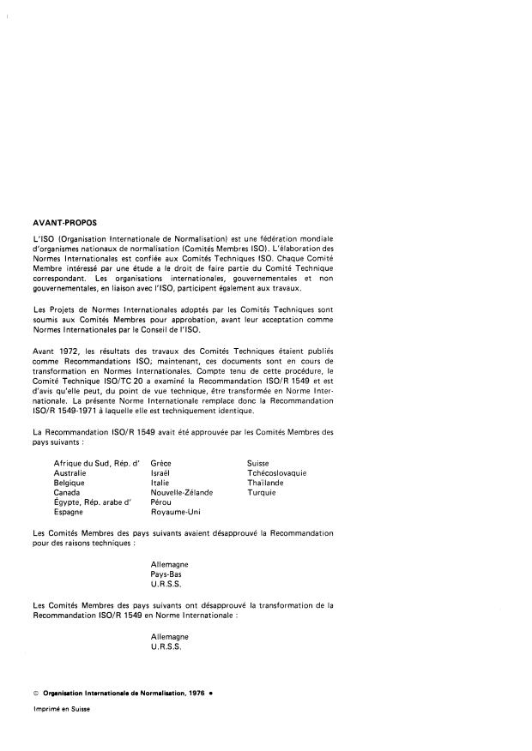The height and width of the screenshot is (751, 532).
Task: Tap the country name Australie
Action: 70,472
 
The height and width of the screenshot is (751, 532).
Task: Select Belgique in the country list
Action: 70,483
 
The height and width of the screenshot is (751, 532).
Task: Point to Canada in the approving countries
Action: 68,492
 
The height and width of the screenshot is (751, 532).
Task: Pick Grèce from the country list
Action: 160,463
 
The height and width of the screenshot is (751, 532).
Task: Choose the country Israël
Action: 161,472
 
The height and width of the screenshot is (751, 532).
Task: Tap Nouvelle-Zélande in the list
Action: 181,492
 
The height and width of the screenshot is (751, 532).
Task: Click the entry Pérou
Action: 161,502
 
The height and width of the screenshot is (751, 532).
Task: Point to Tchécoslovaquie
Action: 276,472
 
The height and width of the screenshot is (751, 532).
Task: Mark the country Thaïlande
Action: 264,483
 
